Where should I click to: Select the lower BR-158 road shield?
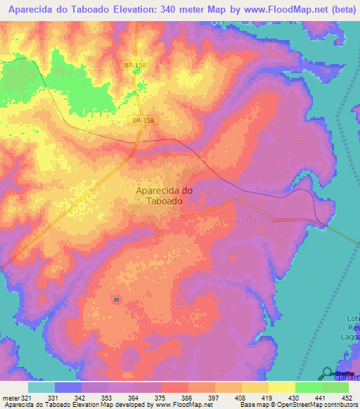point(142,121)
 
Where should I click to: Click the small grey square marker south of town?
point(115,300)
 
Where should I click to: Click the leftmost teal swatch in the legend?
point(41,387)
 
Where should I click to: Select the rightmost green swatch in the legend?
point(335,387)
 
